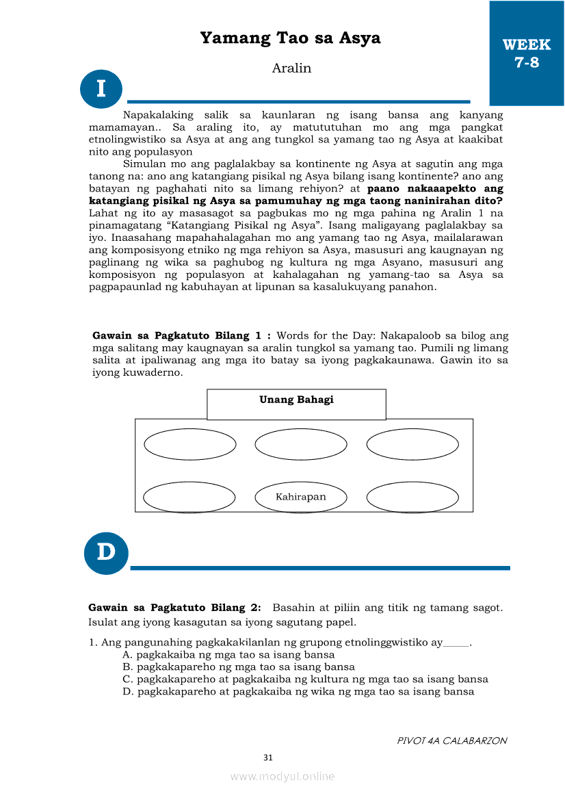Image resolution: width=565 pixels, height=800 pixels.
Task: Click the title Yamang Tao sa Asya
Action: click(x=290, y=38)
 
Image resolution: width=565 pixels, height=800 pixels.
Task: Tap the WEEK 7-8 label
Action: click(x=526, y=53)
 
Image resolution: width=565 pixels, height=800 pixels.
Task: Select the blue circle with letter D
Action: click(x=106, y=552)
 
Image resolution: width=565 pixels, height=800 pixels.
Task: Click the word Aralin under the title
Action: click(x=291, y=68)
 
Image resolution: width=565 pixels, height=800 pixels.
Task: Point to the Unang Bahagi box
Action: click(x=296, y=404)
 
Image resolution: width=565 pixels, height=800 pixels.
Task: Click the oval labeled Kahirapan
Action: click(x=301, y=497)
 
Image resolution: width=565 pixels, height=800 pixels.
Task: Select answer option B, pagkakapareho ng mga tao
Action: click(x=238, y=667)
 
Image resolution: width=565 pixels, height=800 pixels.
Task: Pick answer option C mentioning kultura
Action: click(x=305, y=679)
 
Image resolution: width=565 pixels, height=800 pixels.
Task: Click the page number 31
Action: click(x=268, y=758)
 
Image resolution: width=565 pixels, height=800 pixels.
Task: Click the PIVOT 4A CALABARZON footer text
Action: click(x=452, y=740)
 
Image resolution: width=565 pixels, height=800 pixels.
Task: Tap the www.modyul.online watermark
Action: click(x=282, y=776)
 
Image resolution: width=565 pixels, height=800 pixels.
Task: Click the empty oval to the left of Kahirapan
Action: click(x=189, y=497)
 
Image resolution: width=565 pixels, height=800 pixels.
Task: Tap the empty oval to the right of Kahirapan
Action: click(x=412, y=497)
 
